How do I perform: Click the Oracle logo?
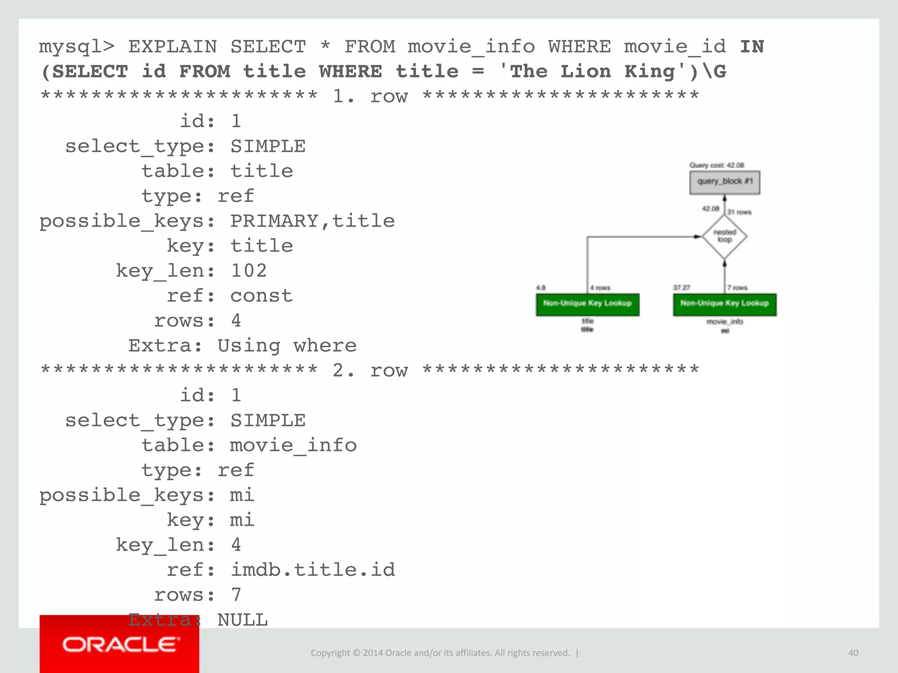click(119, 645)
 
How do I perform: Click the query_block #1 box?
click(724, 182)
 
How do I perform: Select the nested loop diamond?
click(724, 237)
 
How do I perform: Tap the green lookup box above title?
click(587, 305)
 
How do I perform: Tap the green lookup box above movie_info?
click(724, 305)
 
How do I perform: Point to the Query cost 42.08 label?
click(716, 165)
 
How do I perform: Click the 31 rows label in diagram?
click(739, 212)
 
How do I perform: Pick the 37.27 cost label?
click(681, 287)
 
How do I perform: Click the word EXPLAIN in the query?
click(172, 47)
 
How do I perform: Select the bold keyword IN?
click(752, 47)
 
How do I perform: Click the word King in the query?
click(649, 71)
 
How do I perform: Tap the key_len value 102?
click(249, 271)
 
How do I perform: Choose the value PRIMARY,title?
click(312, 221)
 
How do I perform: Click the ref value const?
click(261, 296)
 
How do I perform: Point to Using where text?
click(287, 346)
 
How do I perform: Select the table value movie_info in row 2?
click(293, 446)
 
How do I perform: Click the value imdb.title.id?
click(312, 570)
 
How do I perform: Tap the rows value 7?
click(236, 595)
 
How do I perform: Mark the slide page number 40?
click(853, 653)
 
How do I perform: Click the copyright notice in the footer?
click(440, 653)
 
